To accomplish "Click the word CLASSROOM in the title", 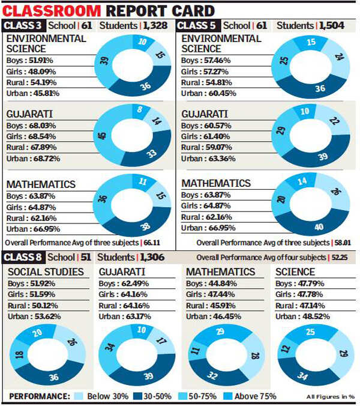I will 53,10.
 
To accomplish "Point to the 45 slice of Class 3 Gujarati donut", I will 101,136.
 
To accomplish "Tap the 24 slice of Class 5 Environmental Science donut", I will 338,58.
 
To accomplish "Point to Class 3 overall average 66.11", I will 164,243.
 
